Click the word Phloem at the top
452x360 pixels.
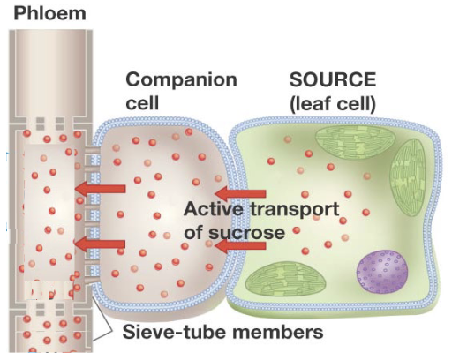(x=49, y=13)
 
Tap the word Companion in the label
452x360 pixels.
(x=181, y=81)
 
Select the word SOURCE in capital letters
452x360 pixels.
(x=333, y=79)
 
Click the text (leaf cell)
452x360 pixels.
(x=333, y=104)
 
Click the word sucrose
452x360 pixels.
(x=247, y=233)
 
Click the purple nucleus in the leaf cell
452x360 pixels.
(x=382, y=271)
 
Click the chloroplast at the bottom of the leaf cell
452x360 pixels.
(x=286, y=280)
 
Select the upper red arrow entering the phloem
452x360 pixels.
(x=101, y=189)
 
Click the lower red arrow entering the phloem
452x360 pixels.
(x=100, y=244)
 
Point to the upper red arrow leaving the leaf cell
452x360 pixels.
(x=240, y=194)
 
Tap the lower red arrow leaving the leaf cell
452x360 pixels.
(x=240, y=246)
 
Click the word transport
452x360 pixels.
(x=295, y=209)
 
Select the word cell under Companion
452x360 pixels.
(x=142, y=103)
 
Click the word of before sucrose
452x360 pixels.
(x=194, y=232)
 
